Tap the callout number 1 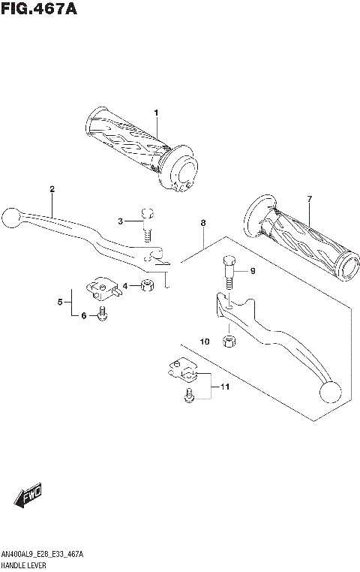tap(156, 113)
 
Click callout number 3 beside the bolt tap(120, 221)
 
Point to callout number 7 tap(308, 198)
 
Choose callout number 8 tap(202, 223)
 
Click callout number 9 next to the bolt tap(253, 271)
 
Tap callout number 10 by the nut tap(205, 342)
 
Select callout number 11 tap(223, 387)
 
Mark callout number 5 tap(59, 302)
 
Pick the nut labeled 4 tap(148, 284)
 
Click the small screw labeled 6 tap(103, 316)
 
